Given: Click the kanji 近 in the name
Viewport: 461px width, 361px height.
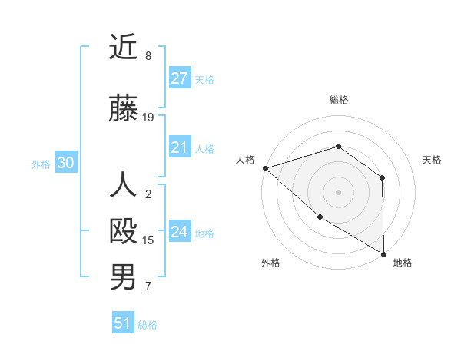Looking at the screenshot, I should coord(123,48).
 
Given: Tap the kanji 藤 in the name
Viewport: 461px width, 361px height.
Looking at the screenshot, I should coord(123,109).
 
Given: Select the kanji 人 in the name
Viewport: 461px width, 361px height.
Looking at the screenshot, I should coord(123,186).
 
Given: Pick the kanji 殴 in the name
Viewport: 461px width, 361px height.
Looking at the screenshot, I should coord(123,232).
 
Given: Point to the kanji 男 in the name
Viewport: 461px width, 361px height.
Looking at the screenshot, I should coord(123,277).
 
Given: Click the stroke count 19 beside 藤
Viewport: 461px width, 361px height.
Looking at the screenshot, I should coord(148,118).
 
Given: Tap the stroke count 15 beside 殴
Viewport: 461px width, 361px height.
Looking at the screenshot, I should coord(148,240).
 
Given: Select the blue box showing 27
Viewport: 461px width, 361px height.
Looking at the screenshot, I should coord(179,78).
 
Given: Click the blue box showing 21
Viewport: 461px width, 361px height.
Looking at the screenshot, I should coord(179,147).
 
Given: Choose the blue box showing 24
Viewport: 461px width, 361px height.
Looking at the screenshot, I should coord(179,232).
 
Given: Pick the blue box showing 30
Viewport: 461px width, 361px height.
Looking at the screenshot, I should coord(65,163).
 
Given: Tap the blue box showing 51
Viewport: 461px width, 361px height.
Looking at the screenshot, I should coord(123,323).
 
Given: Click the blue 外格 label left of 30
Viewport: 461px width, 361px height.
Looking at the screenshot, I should coord(40,164).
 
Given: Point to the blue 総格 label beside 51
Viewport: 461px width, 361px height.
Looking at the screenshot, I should coord(148,325).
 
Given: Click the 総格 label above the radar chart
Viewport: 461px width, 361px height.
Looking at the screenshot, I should coord(338,100).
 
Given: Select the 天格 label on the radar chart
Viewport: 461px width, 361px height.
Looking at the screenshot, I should coord(432,160).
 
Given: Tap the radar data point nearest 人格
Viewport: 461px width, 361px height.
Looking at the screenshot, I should coord(265,167).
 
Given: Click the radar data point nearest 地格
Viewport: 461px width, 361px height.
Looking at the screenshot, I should coord(383,253).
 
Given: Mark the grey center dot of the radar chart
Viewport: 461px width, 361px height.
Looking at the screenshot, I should coord(338,191).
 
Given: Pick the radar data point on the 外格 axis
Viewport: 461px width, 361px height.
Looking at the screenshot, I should coord(320,217).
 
